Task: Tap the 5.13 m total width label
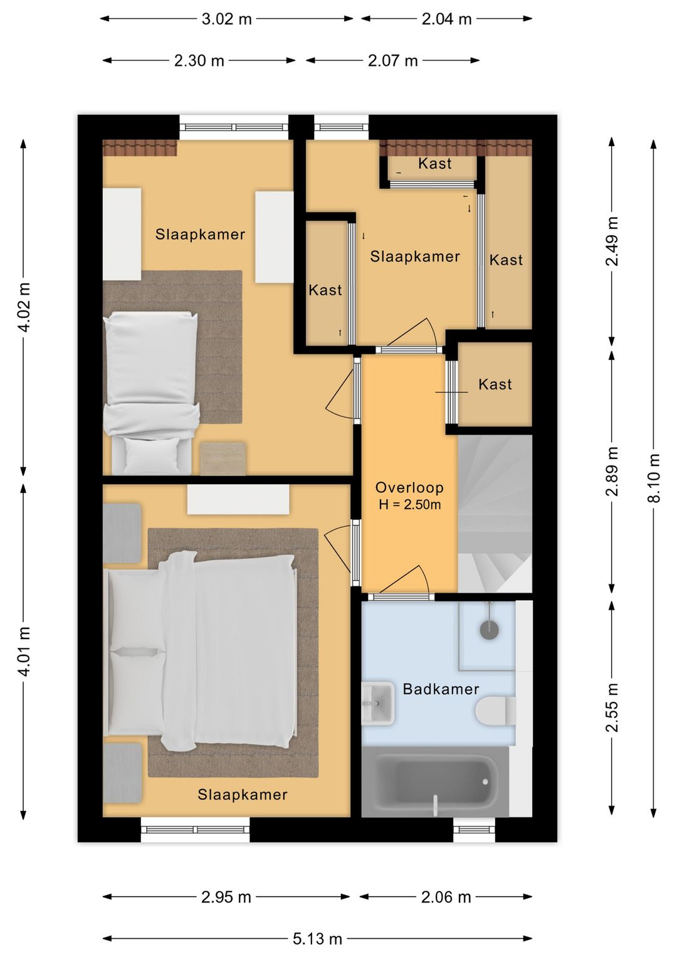click(317, 938)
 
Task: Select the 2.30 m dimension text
click(199, 61)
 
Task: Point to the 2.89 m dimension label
click(612, 471)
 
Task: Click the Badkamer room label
click(441, 689)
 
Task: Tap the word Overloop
click(409, 487)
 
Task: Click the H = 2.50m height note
click(409, 505)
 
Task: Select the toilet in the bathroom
click(495, 711)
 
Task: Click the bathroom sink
click(378, 703)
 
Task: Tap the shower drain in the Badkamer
click(489, 629)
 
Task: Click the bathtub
click(436, 781)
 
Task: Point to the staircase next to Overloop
click(495, 513)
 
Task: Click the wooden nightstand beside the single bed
click(223, 458)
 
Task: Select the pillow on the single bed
click(152, 455)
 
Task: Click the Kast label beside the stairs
click(495, 384)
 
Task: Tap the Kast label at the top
click(435, 163)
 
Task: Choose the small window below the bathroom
click(474, 830)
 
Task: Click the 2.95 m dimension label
click(226, 897)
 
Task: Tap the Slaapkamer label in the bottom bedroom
click(242, 794)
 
